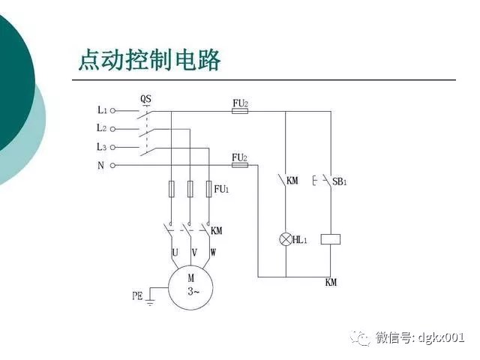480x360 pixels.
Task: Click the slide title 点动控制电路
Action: (x=149, y=59)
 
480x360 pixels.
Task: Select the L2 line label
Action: (x=102, y=128)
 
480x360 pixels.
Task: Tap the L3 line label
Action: (x=102, y=147)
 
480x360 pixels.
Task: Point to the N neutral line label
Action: (x=100, y=165)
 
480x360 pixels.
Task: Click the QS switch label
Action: (x=146, y=98)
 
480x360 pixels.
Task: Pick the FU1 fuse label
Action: (x=221, y=190)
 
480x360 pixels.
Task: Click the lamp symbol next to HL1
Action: (x=285, y=239)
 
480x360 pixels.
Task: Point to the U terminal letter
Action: (x=175, y=253)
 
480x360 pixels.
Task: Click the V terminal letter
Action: (x=195, y=253)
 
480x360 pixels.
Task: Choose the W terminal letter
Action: (x=213, y=253)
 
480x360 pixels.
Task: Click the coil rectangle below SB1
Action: (x=331, y=239)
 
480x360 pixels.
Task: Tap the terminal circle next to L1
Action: (x=113, y=110)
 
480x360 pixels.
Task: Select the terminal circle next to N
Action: (x=113, y=165)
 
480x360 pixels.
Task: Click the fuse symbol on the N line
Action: (x=241, y=166)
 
